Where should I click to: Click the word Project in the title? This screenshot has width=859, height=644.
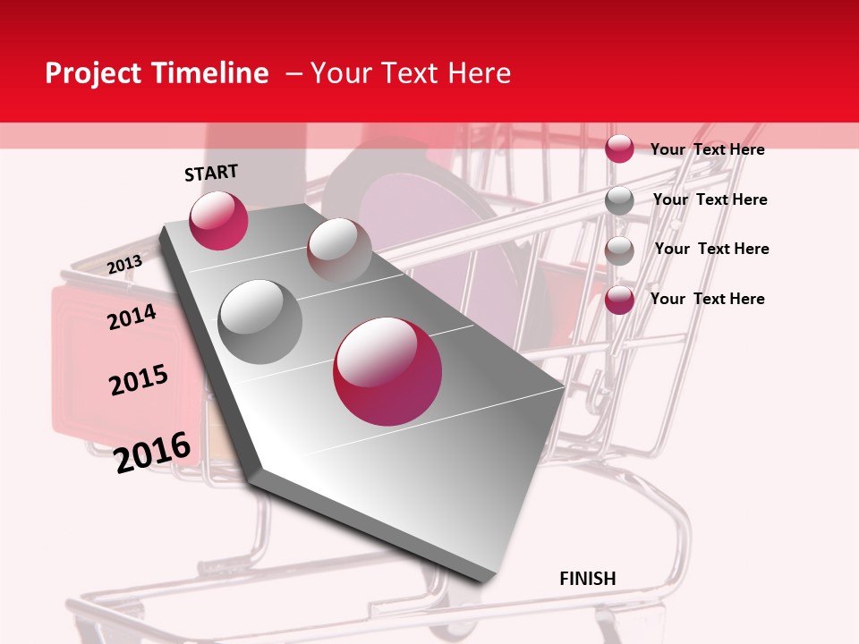(x=92, y=74)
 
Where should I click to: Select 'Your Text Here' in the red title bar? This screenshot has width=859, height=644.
(x=411, y=73)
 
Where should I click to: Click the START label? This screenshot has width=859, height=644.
(x=211, y=173)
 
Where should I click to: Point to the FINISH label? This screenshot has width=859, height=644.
(x=587, y=579)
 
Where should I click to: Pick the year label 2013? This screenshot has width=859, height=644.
(x=124, y=264)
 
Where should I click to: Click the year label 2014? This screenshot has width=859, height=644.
(x=132, y=317)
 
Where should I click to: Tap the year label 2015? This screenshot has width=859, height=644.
(x=139, y=380)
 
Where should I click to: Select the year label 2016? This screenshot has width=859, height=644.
(x=152, y=452)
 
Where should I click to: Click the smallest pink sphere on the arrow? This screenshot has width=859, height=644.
(x=218, y=220)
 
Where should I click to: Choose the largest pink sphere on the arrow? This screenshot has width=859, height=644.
(x=387, y=371)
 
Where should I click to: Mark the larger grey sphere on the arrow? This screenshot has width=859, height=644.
(x=260, y=321)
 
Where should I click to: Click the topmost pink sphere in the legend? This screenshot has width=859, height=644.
(x=619, y=148)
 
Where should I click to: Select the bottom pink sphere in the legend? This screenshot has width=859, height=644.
(x=619, y=300)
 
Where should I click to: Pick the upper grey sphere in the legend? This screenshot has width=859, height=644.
(x=619, y=200)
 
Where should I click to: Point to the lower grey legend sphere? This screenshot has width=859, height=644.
(x=619, y=250)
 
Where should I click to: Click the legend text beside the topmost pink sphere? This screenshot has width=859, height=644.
(x=707, y=149)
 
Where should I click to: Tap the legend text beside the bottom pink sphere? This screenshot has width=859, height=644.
(x=707, y=299)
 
